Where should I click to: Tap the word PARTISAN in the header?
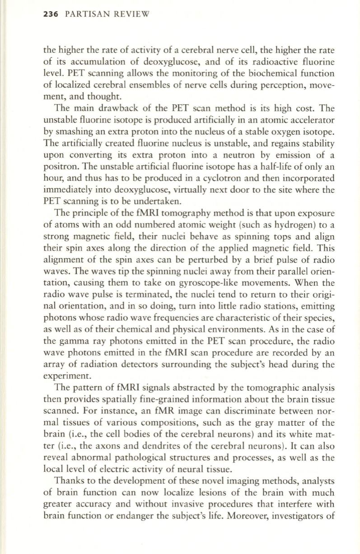tap(84, 14)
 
